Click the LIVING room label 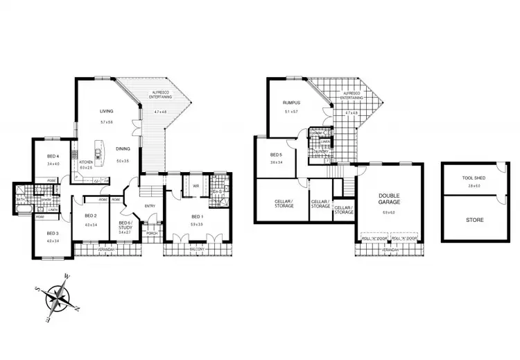pos(106,111)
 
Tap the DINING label pos(123,149)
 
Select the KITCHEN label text pos(86,161)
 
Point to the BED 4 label pos(53,156)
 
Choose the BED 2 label pos(91,216)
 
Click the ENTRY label pos(150,205)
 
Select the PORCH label pos(152,233)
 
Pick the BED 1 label pos(197,216)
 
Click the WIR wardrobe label pos(196,186)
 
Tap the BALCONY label pos(197,248)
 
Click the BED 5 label pos(276,155)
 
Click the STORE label pos(475,220)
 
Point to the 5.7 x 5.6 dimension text pos(106,123)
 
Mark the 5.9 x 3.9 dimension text pos(197,225)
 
